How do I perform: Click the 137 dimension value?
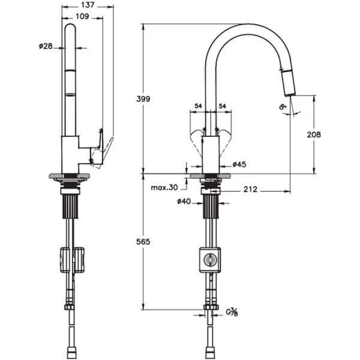88,5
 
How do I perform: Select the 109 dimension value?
83,17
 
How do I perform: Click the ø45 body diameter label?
240,164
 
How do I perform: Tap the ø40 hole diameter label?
184,202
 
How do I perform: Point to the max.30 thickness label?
164,187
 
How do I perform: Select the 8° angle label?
281,107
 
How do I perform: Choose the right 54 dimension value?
222,106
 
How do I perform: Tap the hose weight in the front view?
209,259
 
